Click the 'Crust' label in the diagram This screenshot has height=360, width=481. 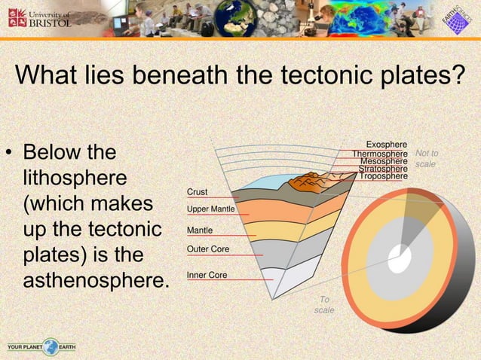[197, 193]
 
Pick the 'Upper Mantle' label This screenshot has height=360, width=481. [210, 209]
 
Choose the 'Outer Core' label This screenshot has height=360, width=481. [207, 249]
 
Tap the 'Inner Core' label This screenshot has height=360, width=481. [207, 276]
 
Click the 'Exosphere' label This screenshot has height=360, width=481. [387, 144]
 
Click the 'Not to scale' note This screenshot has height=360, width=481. [427, 158]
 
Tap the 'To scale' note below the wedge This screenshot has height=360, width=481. [324, 305]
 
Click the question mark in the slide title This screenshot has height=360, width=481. [455, 76]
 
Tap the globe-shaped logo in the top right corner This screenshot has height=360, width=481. [455, 19]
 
